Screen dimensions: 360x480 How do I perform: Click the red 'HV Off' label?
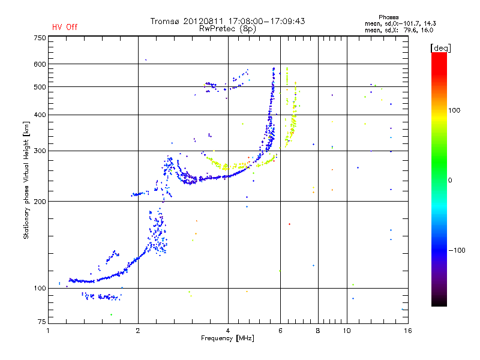tap(65, 27)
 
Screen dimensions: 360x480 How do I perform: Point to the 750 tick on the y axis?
tap(40, 37)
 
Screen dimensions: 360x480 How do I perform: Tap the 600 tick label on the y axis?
tap(40, 64)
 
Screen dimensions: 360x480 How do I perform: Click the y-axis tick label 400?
tap(40, 115)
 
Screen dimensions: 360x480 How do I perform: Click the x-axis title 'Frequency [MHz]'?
tap(228, 338)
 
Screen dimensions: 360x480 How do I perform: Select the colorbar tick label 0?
tap(454, 180)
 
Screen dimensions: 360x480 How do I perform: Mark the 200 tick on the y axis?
tap(40, 201)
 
